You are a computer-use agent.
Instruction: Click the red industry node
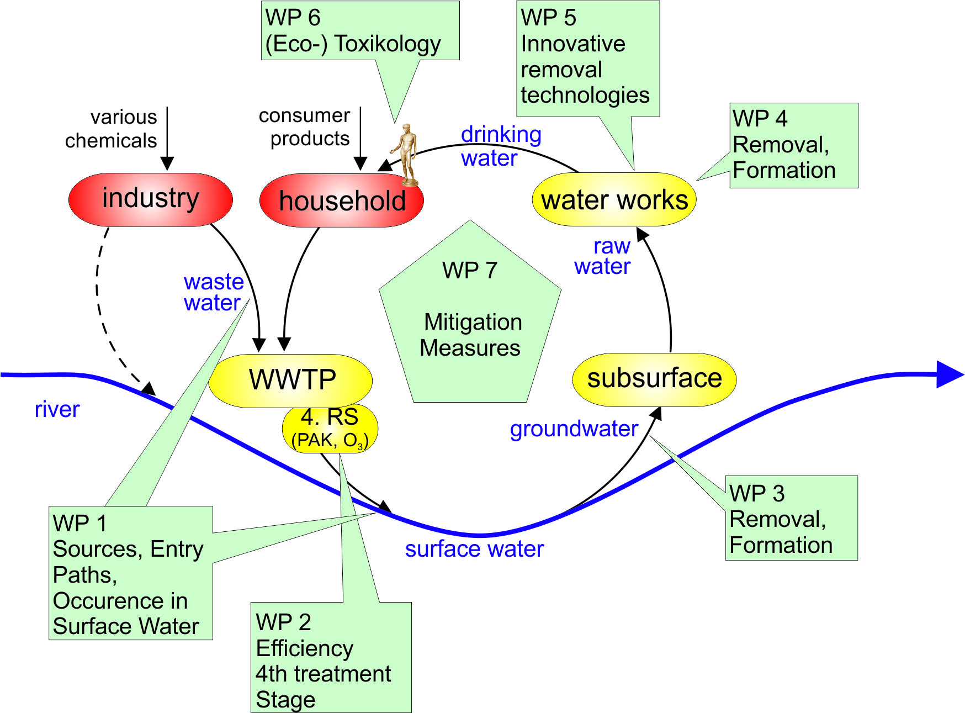point(150,199)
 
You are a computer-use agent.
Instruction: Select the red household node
point(341,200)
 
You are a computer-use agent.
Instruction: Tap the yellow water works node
point(614,199)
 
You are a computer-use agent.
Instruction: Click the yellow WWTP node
point(291,380)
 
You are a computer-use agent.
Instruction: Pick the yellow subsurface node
point(654,379)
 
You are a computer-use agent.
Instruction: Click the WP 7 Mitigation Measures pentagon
point(470,320)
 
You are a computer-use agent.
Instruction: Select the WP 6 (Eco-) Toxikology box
point(360,31)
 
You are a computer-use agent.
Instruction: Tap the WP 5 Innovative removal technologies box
point(587,58)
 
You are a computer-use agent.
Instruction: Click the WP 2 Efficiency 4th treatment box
point(330,660)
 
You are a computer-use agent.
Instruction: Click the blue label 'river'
point(57,410)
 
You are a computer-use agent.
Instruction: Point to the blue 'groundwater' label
point(574,429)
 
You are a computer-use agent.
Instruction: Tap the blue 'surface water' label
point(474,549)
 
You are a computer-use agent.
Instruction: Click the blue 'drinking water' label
point(500,146)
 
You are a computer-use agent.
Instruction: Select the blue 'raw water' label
point(603,256)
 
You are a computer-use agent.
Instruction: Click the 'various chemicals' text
point(112,129)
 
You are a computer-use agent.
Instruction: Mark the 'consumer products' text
point(305,127)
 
